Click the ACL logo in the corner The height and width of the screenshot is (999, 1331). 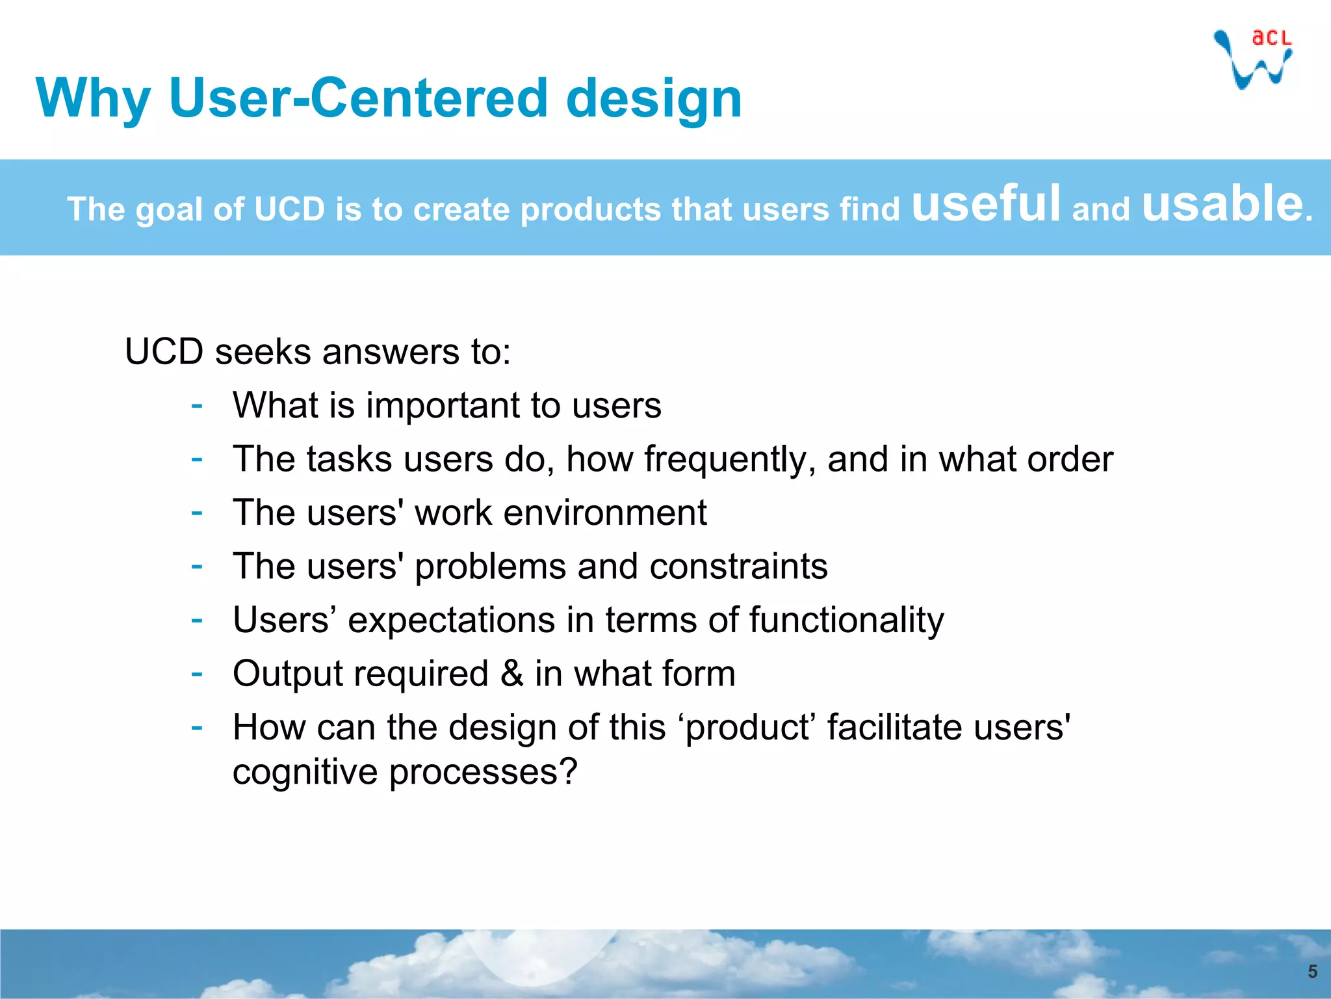pyautogui.click(x=1253, y=59)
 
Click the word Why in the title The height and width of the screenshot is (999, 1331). pyautogui.click(x=93, y=99)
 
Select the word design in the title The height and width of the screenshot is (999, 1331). pyautogui.click(x=654, y=99)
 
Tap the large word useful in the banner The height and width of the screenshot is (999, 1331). pyautogui.click(x=986, y=203)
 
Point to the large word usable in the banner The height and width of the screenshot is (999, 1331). pyautogui.click(x=1222, y=203)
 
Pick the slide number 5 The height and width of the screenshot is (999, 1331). pyautogui.click(x=1312, y=972)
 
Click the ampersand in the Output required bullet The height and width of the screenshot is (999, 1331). pyautogui.click(x=511, y=673)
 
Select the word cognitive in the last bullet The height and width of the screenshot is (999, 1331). pyautogui.click(x=305, y=773)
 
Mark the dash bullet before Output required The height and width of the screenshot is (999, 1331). pyautogui.click(x=197, y=674)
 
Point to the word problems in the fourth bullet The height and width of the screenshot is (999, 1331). pyautogui.click(x=490, y=566)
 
